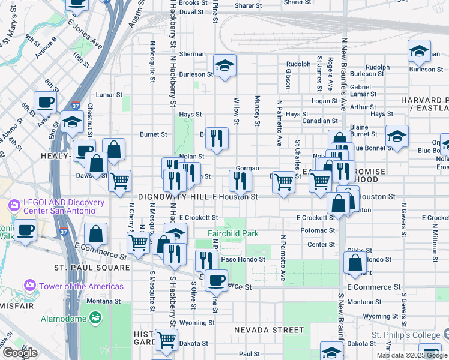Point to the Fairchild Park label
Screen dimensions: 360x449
[232, 233]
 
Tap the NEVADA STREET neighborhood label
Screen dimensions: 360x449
[268, 330]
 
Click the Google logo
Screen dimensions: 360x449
[20, 353]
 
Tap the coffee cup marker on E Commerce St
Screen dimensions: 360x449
[216, 279]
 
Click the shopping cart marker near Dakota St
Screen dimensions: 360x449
[166, 339]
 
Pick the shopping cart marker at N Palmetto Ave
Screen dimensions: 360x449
[283, 182]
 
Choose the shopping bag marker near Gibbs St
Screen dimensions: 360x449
[355, 262]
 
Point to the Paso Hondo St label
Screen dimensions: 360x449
[243, 259]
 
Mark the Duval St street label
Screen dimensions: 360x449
[191, 11]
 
